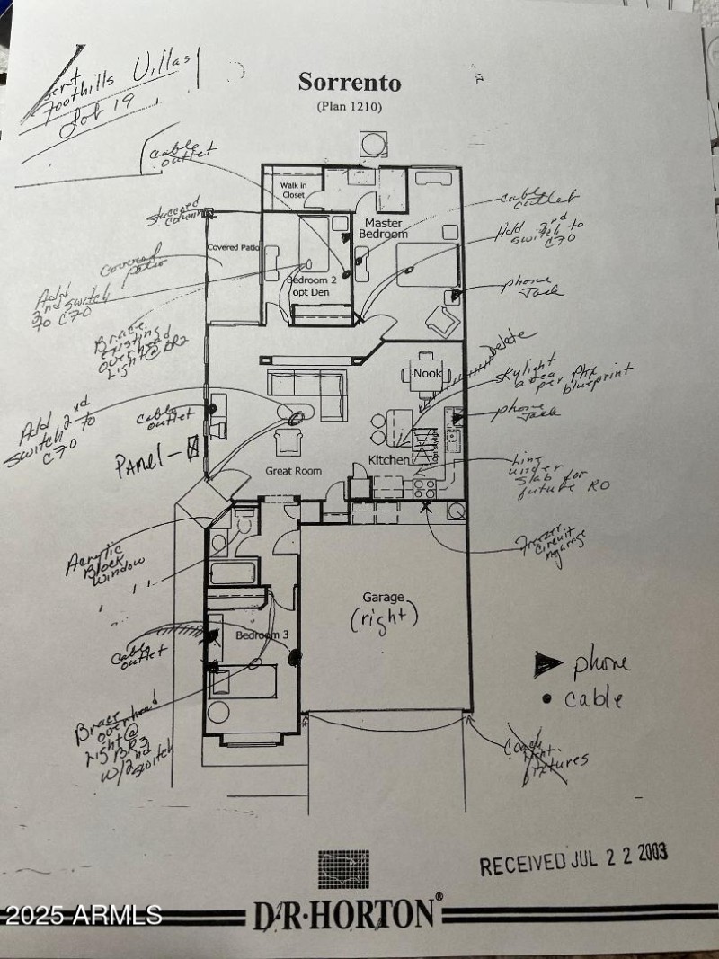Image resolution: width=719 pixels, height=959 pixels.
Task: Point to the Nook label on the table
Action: coord(424,371)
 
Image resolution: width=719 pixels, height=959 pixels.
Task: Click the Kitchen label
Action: coord(389,460)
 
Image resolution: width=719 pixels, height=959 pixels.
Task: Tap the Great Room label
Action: coord(287,470)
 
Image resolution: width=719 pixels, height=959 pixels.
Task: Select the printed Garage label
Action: coord(385,596)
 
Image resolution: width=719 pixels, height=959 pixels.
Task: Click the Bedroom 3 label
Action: coord(262,635)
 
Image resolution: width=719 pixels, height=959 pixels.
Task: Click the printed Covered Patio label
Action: coord(233,247)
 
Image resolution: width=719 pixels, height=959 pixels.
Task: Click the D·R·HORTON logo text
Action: coord(345,914)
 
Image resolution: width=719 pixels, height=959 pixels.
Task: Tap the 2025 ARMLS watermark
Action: coord(83,916)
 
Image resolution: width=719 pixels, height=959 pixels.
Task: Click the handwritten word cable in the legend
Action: coord(593,698)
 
